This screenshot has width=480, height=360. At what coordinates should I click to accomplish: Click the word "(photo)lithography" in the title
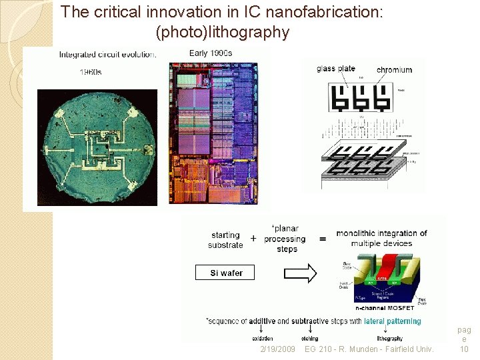(x=222, y=32)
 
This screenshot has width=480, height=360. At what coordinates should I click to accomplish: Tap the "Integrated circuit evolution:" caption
(x=108, y=55)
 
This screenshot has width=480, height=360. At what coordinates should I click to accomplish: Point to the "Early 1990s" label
(x=211, y=53)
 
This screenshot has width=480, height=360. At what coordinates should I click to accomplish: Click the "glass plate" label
(x=336, y=69)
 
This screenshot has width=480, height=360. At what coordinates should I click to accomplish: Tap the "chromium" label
(x=394, y=70)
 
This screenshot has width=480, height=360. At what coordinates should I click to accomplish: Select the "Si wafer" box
(x=227, y=273)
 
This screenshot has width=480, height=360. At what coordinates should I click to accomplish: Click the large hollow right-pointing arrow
(x=302, y=273)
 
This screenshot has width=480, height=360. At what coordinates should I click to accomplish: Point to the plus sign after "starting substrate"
(x=253, y=239)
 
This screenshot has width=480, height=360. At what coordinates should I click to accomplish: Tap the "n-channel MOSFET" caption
(x=384, y=308)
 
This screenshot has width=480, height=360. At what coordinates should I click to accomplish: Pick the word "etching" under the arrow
(x=309, y=339)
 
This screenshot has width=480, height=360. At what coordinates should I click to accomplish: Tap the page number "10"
(x=464, y=349)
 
